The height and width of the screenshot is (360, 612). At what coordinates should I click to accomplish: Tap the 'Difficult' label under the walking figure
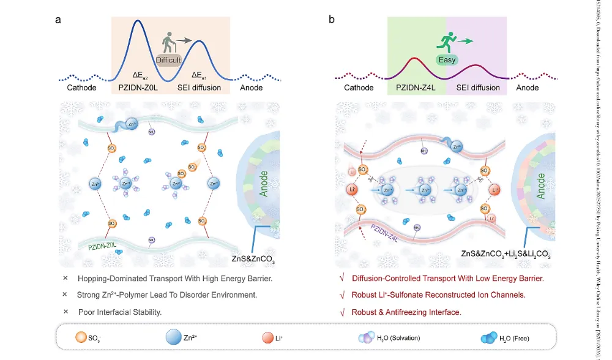coord(168,60)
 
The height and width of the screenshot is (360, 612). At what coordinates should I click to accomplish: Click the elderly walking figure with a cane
coord(169,42)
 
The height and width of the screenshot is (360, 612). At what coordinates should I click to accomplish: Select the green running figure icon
coord(447,42)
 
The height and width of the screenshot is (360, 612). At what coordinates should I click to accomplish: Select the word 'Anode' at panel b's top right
coord(528,88)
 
